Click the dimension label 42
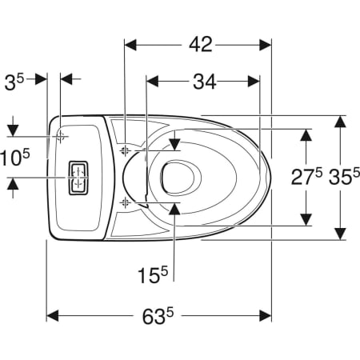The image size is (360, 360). (x=201, y=45)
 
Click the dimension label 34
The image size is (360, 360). (x=205, y=82)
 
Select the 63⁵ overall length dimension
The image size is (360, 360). (x=158, y=316)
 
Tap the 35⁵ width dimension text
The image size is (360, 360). (x=344, y=176)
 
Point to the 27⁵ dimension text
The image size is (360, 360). (x=306, y=176)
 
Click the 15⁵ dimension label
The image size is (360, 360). (x=153, y=274)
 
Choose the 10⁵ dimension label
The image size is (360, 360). (x=15, y=158)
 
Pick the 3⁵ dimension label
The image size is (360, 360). (x=14, y=82)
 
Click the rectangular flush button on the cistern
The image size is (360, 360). (x=78, y=178)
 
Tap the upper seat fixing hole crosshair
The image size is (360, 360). (x=125, y=151)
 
